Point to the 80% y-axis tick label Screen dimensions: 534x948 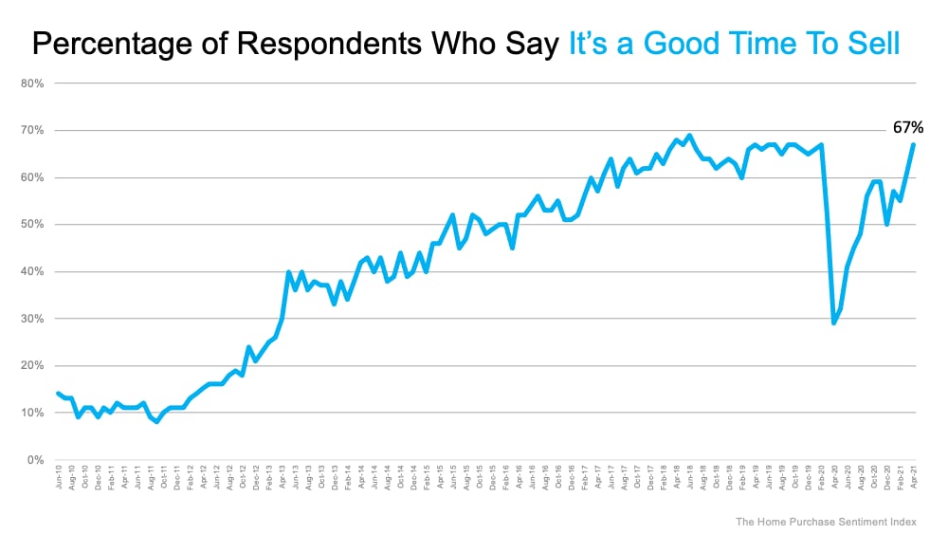[32, 83]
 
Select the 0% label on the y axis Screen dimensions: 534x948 [36, 460]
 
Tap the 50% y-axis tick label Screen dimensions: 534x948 [32, 225]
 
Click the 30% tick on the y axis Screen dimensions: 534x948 [32, 319]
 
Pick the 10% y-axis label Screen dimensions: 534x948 [32, 413]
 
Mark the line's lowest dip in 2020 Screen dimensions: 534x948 [833, 323]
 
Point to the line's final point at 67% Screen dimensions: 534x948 [913, 144]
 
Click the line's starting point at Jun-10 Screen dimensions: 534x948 [58, 393]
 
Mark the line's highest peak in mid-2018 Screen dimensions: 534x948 [688, 135]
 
